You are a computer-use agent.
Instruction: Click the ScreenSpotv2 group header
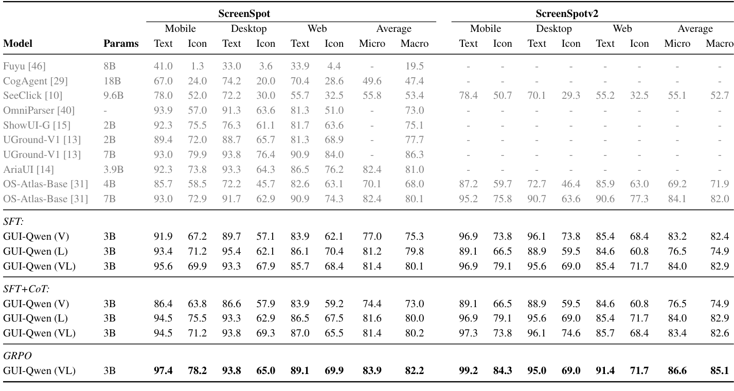[592, 14]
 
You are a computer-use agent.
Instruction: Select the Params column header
[121, 44]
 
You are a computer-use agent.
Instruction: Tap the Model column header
[18, 44]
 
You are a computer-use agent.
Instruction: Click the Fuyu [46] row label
[24, 66]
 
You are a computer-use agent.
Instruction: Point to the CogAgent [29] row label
[35, 81]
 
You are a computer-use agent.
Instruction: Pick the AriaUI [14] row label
[29, 169]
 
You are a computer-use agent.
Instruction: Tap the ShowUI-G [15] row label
[37, 125]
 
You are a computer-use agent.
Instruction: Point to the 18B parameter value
[111, 81]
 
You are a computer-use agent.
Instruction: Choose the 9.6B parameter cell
[113, 96]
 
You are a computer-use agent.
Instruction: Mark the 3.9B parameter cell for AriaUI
[113, 169]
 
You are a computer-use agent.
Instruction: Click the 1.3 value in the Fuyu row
[198, 66]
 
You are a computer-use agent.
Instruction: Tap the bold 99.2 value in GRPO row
[468, 370]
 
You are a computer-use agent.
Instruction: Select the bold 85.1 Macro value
[719, 370]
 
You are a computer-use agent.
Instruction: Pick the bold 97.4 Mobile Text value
[163, 370]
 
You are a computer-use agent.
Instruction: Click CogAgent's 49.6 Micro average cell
[371, 81]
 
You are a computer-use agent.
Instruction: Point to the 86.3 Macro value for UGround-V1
[414, 154]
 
